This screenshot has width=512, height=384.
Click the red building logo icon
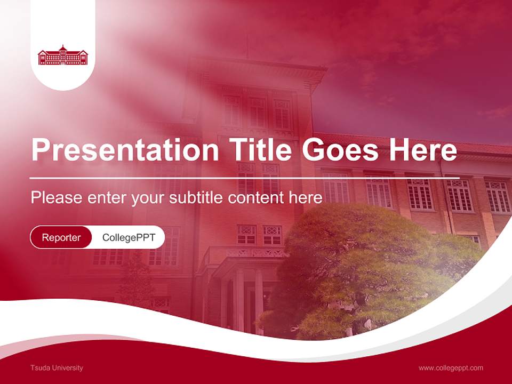tap(63, 55)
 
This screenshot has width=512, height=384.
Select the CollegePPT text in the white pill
tap(129, 237)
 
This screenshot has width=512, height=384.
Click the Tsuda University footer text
tap(57, 367)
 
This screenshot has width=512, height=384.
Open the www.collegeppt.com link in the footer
tap(451, 367)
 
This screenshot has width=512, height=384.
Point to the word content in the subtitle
tap(256, 198)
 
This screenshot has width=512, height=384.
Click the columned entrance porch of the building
tap(243, 288)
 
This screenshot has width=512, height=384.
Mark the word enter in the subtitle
tap(105, 198)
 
